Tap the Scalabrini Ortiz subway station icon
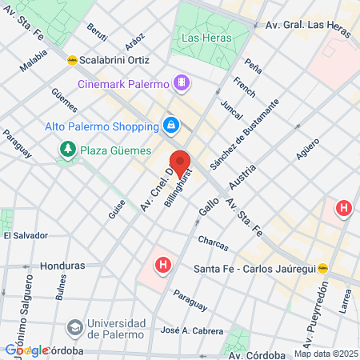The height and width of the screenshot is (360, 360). point(72,59)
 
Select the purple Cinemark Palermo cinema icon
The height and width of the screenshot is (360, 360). point(182,82)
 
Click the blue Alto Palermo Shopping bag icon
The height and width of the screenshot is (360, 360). point(170,125)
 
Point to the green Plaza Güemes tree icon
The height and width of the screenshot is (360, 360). point(68,149)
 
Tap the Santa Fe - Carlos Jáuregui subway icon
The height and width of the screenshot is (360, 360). point(323,269)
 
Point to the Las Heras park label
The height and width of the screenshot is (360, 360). point(206,38)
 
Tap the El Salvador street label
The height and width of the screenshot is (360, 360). point(25,236)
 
